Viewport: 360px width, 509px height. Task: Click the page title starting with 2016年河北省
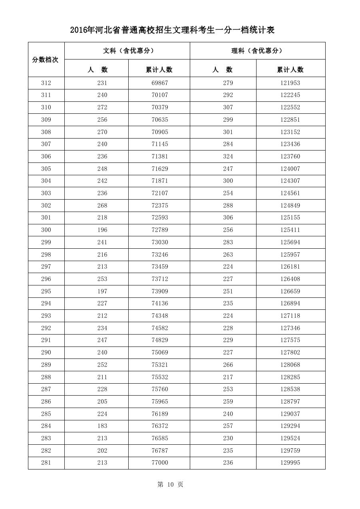pos(172,30)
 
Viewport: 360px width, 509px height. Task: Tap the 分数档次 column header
pos(46,59)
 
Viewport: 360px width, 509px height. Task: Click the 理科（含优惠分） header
pos(257,51)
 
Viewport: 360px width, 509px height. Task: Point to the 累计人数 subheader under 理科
pos(290,69)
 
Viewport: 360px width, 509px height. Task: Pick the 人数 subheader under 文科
pos(97,69)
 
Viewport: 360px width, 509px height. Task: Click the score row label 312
pos(46,83)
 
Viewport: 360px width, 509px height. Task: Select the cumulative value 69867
pos(160,83)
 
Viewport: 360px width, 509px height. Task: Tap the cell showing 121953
pos(290,83)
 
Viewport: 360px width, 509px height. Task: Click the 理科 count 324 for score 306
pos(228,156)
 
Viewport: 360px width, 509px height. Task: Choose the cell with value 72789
pos(160,230)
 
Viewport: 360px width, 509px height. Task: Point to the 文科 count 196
pos(102,230)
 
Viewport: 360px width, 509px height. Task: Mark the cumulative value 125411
pos(290,230)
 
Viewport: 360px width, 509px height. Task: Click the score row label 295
pos(46,291)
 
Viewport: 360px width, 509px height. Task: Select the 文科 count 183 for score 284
pos(102,426)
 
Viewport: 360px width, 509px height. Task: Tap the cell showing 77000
pos(160,463)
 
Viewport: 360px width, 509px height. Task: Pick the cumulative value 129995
pos(290,463)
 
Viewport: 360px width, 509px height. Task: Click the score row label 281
pos(46,463)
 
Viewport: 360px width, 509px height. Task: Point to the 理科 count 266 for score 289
pos(228,365)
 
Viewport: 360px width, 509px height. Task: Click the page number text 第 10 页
pos(170,484)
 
